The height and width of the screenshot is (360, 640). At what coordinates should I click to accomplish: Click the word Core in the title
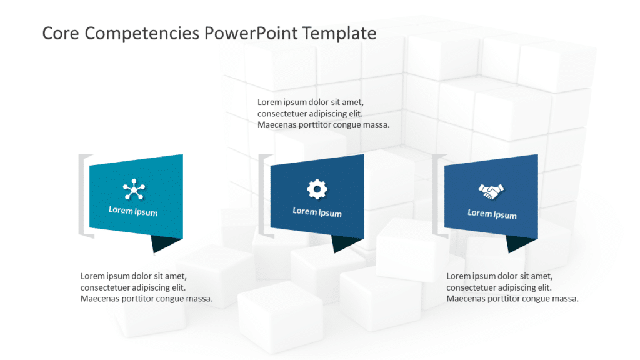pyautogui.click(x=61, y=33)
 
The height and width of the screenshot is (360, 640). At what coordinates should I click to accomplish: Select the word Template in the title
pyautogui.click(x=339, y=33)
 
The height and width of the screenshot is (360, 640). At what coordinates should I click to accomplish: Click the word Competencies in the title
pyautogui.click(x=142, y=34)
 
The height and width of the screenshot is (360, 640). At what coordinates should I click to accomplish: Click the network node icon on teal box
pyautogui.click(x=133, y=189)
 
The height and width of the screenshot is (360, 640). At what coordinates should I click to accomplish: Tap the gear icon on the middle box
pyautogui.click(x=317, y=189)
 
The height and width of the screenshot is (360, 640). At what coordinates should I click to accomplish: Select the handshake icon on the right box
pyautogui.click(x=492, y=191)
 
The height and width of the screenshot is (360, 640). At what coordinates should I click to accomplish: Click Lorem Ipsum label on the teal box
pyautogui.click(x=133, y=211)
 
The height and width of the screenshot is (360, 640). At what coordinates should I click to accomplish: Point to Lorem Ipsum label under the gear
pyautogui.click(x=317, y=212)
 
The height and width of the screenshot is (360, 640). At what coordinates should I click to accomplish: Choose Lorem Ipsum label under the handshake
pyautogui.click(x=492, y=214)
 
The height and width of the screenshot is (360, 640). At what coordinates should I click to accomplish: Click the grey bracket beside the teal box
pyautogui.click(x=82, y=195)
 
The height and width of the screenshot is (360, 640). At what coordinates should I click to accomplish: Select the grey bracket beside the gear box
pyautogui.click(x=262, y=195)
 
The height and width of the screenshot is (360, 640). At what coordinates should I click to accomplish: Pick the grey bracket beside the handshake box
pyautogui.click(x=437, y=195)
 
